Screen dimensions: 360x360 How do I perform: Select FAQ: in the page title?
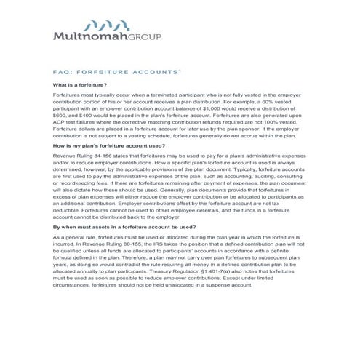(63, 73)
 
